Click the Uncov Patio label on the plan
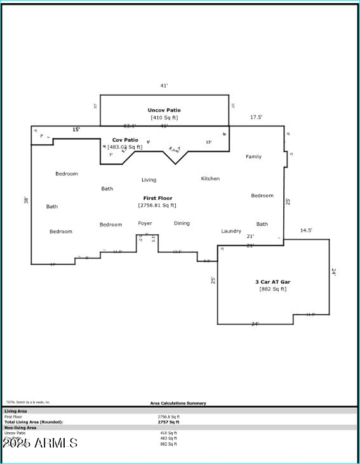(x=164, y=110)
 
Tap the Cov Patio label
(x=125, y=140)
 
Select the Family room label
(x=253, y=157)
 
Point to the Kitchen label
(x=210, y=179)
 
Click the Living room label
(x=149, y=180)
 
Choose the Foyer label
(x=145, y=223)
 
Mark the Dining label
(x=182, y=223)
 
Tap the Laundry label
(x=231, y=232)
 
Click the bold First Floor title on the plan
(x=157, y=199)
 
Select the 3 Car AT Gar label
(x=273, y=281)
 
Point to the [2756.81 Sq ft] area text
(x=157, y=206)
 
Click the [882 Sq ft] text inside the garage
(x=273, y=289)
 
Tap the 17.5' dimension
(x=256, y=117)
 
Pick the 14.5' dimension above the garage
(x=306, y=230)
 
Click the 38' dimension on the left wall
(x=27, y=200)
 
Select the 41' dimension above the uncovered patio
(x=164, y=85)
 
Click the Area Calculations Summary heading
(x=178, y=403)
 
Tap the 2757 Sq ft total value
(x=168, y=421)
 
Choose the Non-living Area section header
(x=20, y=428)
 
